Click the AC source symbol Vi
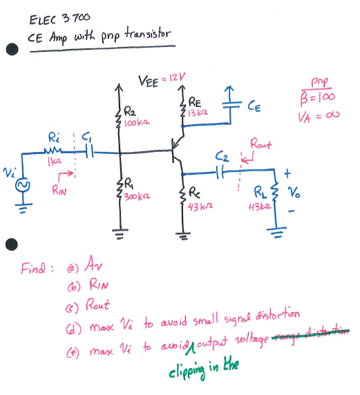tap(23, 185)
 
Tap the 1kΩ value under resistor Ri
tap(55, 162)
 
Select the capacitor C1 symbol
tap(90, 151)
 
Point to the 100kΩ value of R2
tap(137, 123)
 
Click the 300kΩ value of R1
tap(137, 196)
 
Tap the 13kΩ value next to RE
tap(198, 113)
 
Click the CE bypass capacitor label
tap(254, 106)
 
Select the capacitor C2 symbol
tap(220, 172)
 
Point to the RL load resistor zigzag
tap(276, 192)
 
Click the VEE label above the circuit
tap(149, 81)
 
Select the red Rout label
tap(261, 144)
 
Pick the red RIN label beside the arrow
tap(59, 190)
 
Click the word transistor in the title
tap(148, 35)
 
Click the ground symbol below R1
tap(120, 233)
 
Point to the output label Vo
tap(294, 193)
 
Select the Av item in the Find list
tap(93, 264)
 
